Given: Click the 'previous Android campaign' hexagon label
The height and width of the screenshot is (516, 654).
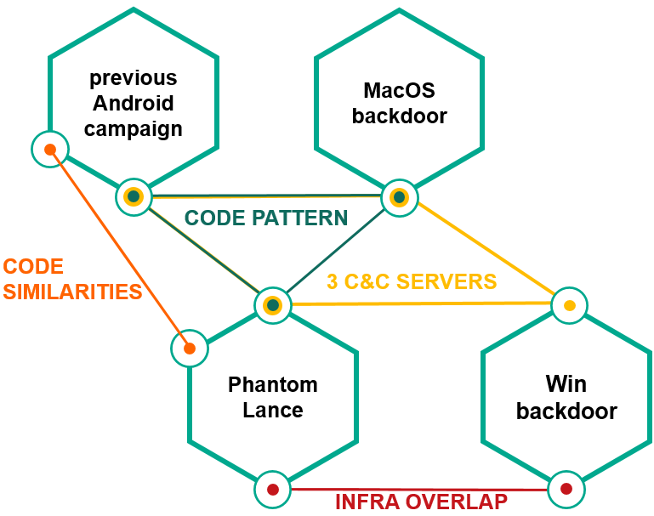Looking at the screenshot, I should [134, 103].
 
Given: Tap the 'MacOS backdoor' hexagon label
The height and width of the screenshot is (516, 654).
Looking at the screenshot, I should [399, 102].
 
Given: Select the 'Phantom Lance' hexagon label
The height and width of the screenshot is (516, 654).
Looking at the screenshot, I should [273, 397].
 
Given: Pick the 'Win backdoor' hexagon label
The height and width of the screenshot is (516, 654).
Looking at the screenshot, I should [566, 397].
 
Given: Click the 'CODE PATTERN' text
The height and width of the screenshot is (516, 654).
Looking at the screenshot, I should [266, 218].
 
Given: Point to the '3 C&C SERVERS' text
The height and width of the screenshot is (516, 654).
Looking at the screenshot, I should [412, 281].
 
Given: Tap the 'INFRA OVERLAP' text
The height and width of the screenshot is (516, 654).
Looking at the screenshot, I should [421, 502].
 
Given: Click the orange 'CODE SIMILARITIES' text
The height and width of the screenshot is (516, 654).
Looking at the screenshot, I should [71, 279].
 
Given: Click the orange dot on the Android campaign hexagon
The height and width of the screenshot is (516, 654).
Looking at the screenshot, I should [50, 150].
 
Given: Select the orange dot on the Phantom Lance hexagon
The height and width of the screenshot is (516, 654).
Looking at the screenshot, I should [190, 348].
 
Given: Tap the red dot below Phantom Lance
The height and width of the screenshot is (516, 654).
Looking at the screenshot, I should [273, 490].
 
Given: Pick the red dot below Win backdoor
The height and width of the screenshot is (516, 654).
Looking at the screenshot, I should [566, 489].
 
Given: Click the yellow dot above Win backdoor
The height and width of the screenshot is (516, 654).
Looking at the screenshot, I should [569, 304].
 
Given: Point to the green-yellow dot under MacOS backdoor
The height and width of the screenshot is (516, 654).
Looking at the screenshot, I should [398, 197].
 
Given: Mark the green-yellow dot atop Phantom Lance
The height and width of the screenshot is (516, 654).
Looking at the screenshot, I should [272, 304].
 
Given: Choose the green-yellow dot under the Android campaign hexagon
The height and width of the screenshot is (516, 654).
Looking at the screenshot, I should [134, 197].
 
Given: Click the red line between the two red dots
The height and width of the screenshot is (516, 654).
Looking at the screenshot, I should [323, 490].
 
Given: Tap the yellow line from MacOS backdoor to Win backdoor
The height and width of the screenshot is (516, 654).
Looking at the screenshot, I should [485, 252].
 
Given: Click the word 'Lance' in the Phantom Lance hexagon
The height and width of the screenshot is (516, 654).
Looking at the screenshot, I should [273, 410].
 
